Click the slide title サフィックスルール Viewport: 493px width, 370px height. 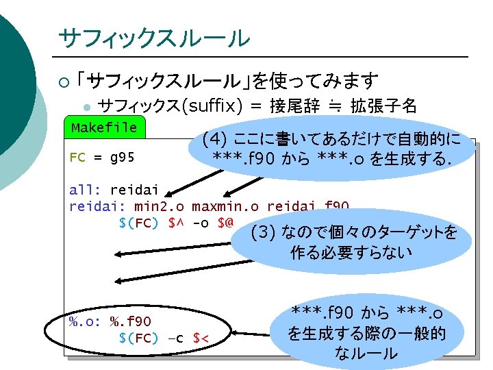[x=154, y=38]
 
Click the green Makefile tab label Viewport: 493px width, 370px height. [x=104, y=128]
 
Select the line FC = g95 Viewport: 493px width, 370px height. [x=102, y=157]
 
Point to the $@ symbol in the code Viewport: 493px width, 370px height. [x=225, y=223]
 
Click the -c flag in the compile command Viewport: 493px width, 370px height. [x=177, y=338]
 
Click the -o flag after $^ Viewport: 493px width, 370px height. [x=201, y=223]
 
